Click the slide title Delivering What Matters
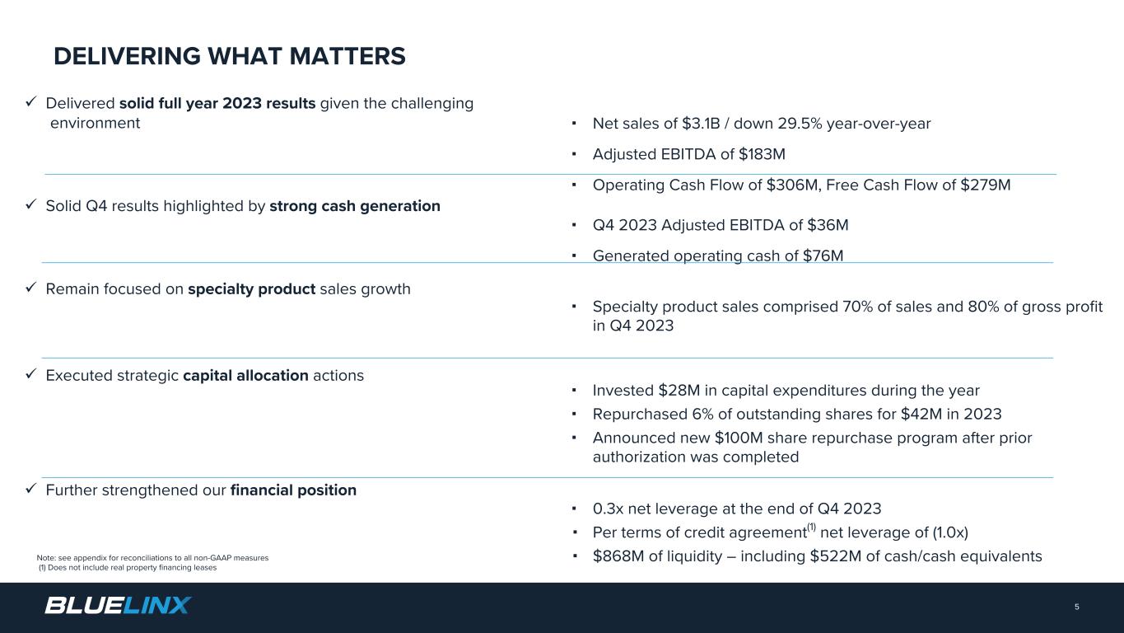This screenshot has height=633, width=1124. coord(230,56)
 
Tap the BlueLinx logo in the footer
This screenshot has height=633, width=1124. coord(118,606)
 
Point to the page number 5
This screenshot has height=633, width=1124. coord(1076,607)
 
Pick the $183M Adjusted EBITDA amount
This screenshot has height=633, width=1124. coord(763,154)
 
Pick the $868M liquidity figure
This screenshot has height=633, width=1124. coord(617,556)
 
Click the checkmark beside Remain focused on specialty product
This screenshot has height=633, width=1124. coord(30,288)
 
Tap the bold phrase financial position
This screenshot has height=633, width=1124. coord(293,490)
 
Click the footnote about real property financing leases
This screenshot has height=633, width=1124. coord(128,568)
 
